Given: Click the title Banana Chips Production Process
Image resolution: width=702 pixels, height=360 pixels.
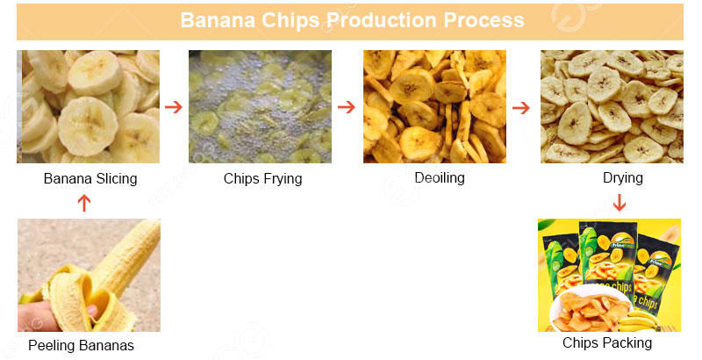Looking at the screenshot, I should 352,20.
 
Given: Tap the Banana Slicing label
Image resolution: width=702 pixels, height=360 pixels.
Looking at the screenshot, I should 90,179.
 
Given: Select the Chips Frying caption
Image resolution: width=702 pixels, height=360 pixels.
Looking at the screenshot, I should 262,179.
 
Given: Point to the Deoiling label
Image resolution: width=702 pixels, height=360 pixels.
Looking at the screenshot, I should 439,178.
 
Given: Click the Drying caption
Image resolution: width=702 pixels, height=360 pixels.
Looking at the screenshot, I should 623,178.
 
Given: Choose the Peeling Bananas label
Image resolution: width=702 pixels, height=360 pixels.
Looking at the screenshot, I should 81,345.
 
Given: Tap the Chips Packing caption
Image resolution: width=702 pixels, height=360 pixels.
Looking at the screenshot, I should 607,342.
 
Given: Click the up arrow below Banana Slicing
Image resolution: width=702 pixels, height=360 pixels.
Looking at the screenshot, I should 84,203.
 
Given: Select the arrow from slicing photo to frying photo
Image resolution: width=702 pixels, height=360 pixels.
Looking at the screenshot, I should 174,107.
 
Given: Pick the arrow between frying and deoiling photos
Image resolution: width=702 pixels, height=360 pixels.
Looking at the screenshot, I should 347,107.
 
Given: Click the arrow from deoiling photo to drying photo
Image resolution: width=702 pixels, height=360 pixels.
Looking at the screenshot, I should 521,107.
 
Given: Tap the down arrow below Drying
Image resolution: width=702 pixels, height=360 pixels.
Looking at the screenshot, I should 620,203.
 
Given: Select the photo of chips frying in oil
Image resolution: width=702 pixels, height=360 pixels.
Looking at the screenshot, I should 260,106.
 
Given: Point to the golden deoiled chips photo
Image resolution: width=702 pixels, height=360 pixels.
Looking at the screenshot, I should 435,106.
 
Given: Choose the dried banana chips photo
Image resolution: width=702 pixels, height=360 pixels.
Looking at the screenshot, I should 612,106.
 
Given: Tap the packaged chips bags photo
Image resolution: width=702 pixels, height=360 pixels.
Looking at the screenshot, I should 609,274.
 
